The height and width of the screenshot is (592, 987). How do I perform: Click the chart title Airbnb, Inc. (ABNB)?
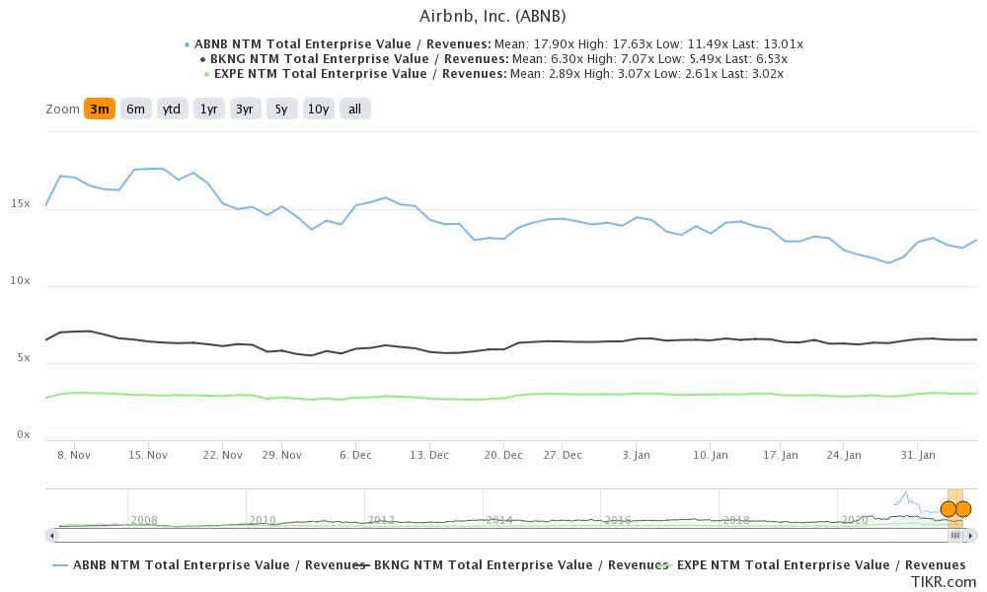coord(493,16)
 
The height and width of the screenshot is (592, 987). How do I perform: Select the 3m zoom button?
coord(99,110)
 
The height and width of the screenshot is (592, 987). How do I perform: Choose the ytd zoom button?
coord(172,110)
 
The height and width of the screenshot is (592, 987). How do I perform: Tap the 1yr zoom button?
coord(208,110)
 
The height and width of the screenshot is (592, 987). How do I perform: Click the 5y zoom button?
coord(281,110)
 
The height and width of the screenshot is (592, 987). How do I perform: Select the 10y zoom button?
coord(318,110)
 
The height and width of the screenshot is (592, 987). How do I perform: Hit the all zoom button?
coord(354,110)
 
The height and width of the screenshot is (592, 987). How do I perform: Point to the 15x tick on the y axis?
coord(20,203)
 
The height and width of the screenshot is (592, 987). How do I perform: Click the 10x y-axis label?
coord(20,281)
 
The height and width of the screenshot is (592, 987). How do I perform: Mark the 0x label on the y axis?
coord(23,435)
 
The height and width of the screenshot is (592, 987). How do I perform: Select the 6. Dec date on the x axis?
coord(355,455)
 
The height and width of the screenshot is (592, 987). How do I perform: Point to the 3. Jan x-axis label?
coord(636,455)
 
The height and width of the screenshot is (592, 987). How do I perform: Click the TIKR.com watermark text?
coord(944,582)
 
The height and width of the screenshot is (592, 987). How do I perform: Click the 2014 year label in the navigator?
coord(498,520)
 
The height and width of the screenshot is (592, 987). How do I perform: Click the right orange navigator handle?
coord(963,509)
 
